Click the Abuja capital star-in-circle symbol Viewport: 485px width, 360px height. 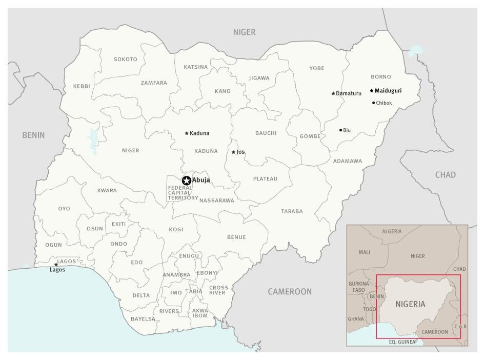186,180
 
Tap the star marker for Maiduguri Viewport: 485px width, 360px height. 371,91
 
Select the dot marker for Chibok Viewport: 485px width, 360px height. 373,103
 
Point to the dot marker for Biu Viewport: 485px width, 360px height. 340,130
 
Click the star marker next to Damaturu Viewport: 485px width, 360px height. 333,93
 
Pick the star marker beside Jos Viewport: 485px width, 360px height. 233,152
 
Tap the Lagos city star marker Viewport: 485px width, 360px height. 56,265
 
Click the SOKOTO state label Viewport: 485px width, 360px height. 125,59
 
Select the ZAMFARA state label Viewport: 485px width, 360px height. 154,83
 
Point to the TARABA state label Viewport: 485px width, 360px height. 292,211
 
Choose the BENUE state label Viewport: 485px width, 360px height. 236,237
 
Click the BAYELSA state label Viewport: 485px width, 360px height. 143,319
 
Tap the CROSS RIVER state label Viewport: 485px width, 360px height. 218,290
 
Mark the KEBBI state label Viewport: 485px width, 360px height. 82,86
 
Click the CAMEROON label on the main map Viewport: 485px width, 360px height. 290,292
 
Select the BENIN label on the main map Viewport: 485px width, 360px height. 33,135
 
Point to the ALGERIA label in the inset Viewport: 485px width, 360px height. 392,232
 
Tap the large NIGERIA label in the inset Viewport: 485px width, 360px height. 410,304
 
